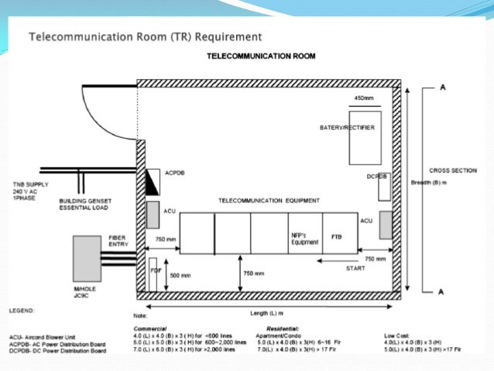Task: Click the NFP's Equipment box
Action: [304, 239]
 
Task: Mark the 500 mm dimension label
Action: [180, 274]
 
